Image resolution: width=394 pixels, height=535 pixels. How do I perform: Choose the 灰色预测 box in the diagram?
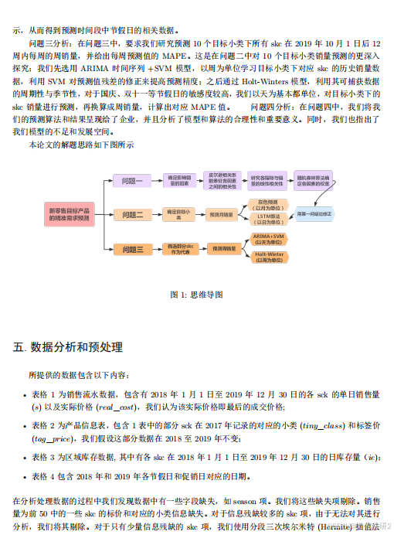click(x=269, y=205)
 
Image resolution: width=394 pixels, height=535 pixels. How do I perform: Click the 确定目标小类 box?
click(x=178, y=215)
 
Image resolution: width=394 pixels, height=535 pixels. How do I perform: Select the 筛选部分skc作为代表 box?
click(x=178, y=249)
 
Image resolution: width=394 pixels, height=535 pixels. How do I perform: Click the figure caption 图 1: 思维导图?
click(x=196, y=295)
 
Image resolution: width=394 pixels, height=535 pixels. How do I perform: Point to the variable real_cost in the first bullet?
click(x=116, y=407)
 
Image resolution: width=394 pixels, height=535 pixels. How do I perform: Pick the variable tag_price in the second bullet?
click(x=54, y=437)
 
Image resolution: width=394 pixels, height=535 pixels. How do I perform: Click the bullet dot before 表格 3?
click(x=24, y=458)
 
